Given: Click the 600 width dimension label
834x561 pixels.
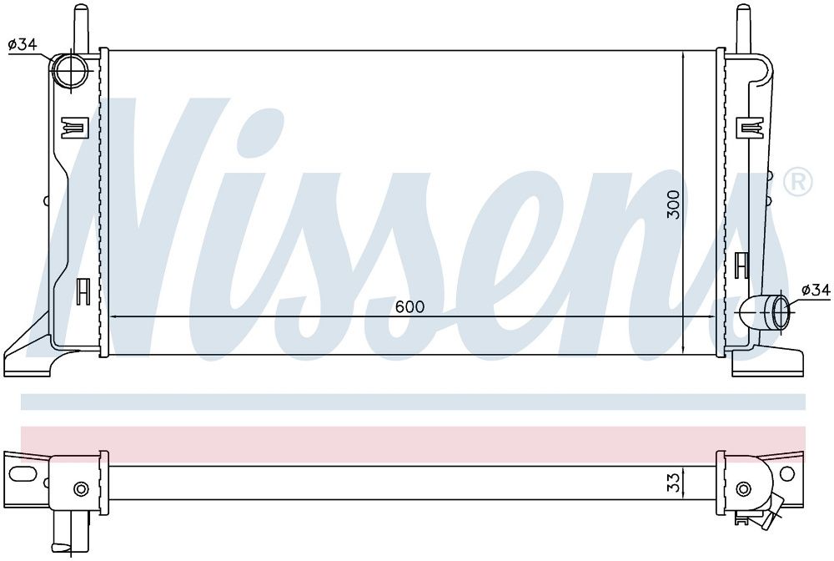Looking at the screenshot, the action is tap(410, 306).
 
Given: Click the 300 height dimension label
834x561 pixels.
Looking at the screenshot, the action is tap(673, 205).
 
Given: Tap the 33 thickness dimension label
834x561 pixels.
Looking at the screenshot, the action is tap(673, 483).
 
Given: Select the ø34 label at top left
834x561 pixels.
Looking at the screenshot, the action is tap(23, 45).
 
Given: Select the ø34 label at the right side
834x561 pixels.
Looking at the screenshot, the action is tap(815, 290).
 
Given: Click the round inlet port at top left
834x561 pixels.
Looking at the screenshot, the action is tap(71, 70).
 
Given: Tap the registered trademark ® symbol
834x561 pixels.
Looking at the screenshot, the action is tap(798, 182).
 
